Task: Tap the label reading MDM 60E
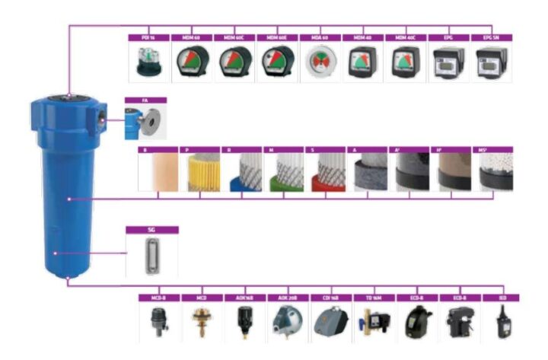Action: click(276, 37)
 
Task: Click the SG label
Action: click(151, 229)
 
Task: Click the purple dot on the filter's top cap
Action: click(68, 95)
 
